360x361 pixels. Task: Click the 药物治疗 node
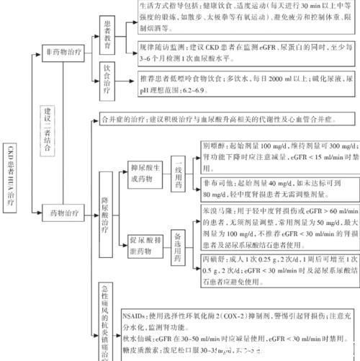69,213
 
